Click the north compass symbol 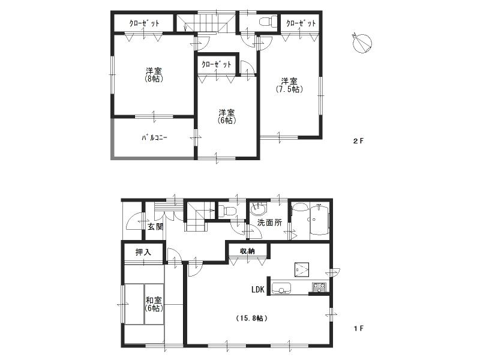[x=362, y=43]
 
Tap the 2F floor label [x=358, y=141]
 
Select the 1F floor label [x=358, y=328]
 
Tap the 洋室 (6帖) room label [x=226, y=116]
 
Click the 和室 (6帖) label [x=153, y=304]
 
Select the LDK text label [x=259, y=290]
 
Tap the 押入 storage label [x=143, y=253]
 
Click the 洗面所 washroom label [x=269, y=223]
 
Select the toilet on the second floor [x=266, y=22]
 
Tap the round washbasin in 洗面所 [x=259, y=210]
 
